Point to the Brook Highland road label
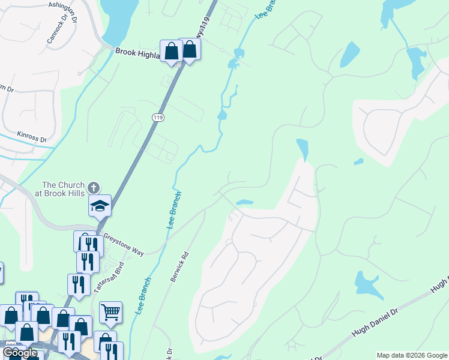137,53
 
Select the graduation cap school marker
100,206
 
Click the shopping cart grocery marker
110,311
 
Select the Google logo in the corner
19,353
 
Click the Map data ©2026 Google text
411,355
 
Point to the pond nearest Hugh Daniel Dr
367,284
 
